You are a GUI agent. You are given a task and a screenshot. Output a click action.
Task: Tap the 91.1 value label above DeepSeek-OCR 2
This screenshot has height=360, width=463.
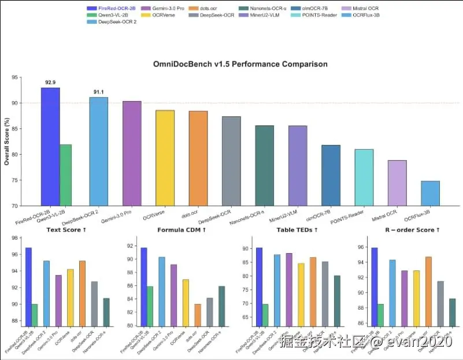[x=98, y=92]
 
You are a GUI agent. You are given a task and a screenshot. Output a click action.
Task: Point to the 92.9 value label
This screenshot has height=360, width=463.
[x=50, y=83]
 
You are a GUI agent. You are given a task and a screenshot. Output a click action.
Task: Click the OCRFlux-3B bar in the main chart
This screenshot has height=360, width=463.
[x=430, y=194]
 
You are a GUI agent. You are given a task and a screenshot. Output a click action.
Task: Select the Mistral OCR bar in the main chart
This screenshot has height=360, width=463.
[x=397, y=183]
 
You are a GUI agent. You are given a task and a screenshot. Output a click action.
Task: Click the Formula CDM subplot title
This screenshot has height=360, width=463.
[x=182, y=230]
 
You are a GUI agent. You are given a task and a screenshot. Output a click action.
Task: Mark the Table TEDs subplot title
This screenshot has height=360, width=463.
[x=295, y=230]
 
